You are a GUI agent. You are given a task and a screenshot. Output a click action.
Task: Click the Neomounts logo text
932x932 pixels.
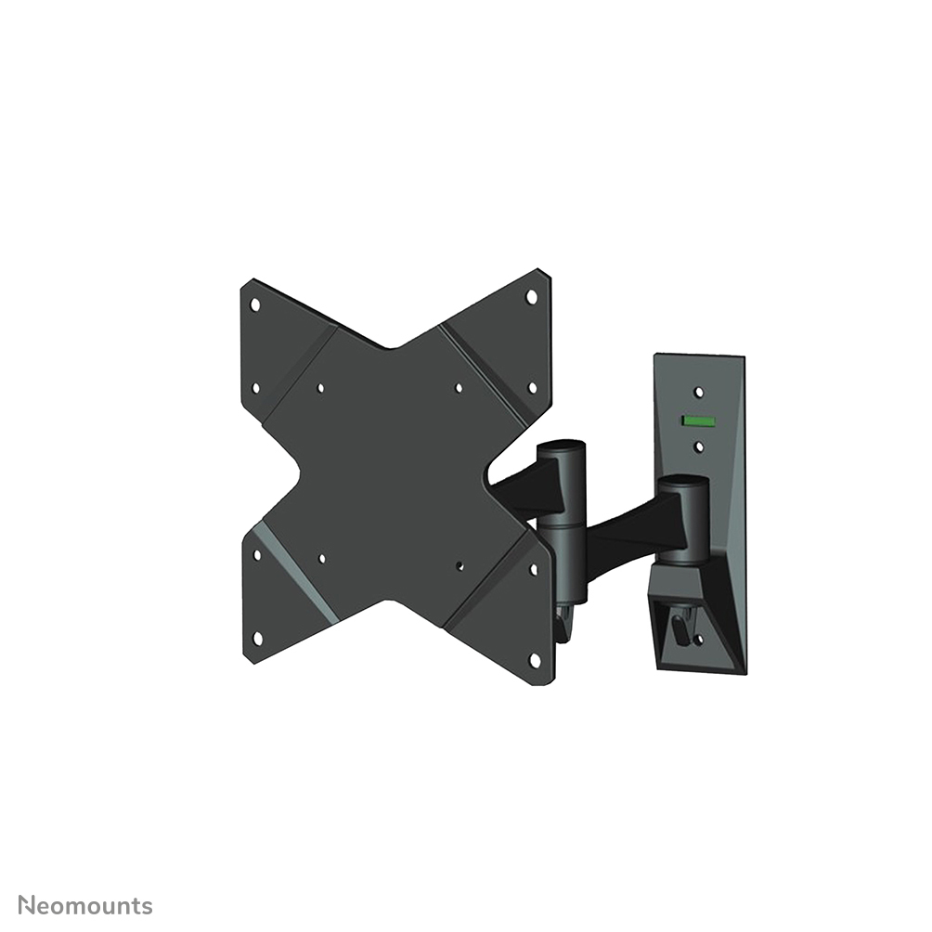(86, 906)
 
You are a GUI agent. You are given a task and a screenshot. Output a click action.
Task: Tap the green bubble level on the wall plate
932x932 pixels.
(698, 420)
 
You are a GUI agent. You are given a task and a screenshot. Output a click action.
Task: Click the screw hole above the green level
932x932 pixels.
(699, 393)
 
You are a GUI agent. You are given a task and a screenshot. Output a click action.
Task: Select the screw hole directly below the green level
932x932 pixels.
(699, 447)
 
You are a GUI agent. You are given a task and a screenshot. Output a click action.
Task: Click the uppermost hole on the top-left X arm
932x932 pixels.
(255, 304)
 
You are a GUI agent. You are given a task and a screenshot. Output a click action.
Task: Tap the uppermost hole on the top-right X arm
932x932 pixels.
(532, 297)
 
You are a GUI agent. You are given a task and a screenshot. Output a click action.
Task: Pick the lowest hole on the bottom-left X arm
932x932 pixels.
(258, 638)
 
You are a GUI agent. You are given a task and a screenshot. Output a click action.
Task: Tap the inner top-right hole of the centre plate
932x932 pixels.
(459, 388)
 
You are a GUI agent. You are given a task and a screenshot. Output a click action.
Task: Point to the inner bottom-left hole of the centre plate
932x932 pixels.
(321, 559)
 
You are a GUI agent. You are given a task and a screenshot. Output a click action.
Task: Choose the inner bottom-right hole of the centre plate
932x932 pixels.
(460, 563)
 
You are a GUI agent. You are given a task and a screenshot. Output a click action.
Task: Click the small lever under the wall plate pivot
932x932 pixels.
(682, 630)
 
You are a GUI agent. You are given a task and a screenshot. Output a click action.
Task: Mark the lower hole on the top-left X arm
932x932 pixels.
(256, 388)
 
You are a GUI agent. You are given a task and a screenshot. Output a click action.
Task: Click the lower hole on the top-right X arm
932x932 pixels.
(532, 387)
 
